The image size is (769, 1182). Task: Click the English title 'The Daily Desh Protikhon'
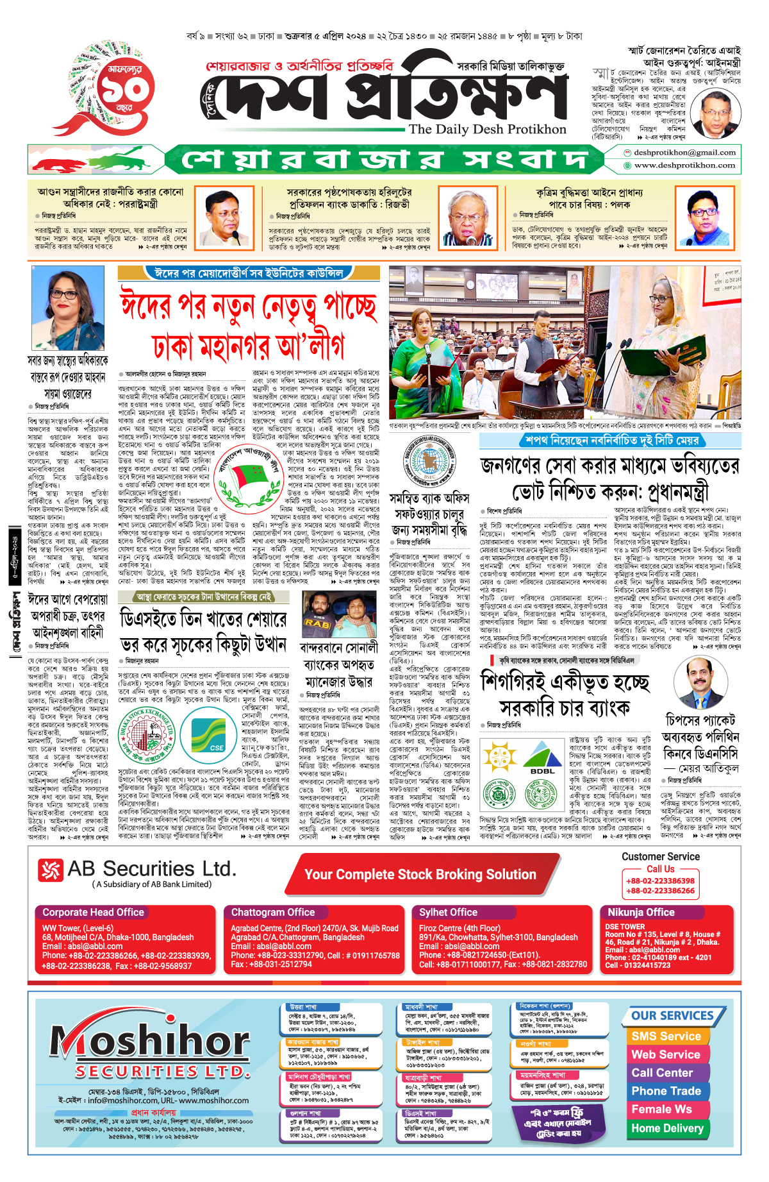pyautogui.click(x=487, y=129)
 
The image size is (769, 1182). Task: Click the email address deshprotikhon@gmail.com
pyautogui.click(x=684, y=153)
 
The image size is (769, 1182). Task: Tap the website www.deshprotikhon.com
pyautogui.click(x=684, y=165)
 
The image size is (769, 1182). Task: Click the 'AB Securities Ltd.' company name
pyautogui.click(x=152, y=869)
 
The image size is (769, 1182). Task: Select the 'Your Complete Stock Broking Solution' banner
pyautogui.click(x=420, y=875)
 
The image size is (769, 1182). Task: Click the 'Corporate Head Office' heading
pyautogui.click(x=94, y=912)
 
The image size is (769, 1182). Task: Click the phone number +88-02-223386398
pyautogui.click(x=660, y=881)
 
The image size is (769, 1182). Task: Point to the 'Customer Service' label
pyautogui.click(x=660, y=857)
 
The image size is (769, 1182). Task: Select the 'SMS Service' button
pyautogui.click(x=666, y=1036)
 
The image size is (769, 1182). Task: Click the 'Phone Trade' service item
pyautogui.click(x=666, y=1091)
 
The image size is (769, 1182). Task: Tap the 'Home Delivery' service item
pyautogui.click(x=667, y=1128)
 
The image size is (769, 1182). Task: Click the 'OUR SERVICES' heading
pyautogui.click(x=672, y=1016)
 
